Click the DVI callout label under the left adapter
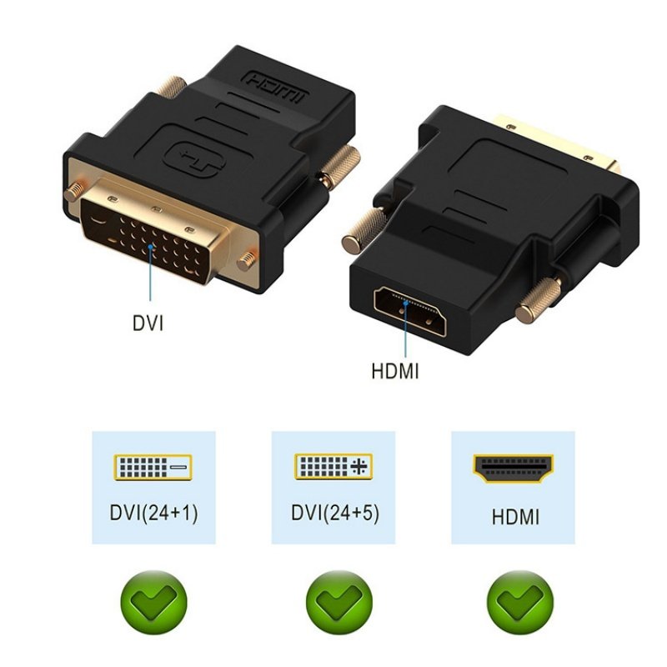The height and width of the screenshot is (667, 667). click(x=148, y=322)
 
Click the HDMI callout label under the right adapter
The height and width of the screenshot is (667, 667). click(x=394, y=369)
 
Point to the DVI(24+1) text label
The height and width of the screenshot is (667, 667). click(x=153, y=513)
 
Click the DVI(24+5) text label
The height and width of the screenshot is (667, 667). click(x=335, y=513)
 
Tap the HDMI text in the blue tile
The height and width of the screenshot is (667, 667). click(x=514, y=517)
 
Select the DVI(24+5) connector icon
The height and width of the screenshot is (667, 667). click(x=333, y=467)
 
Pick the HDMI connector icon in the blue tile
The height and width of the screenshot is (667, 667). click(x=514, y=468)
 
